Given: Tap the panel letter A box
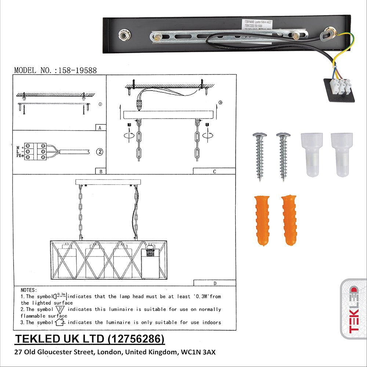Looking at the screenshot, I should (100, 128).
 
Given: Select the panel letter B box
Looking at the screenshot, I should (100, 171).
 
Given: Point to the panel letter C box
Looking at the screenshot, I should (214, 171).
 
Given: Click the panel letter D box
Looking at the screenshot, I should (214, 283).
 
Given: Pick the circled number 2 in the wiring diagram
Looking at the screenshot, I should (98, 151).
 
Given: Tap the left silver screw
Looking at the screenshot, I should (259, 156).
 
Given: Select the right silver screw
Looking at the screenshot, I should (283, 156).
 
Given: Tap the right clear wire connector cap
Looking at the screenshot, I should (341, 154).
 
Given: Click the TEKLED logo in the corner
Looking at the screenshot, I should (354, 309).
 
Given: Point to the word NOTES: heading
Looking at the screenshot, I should (29, 290).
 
